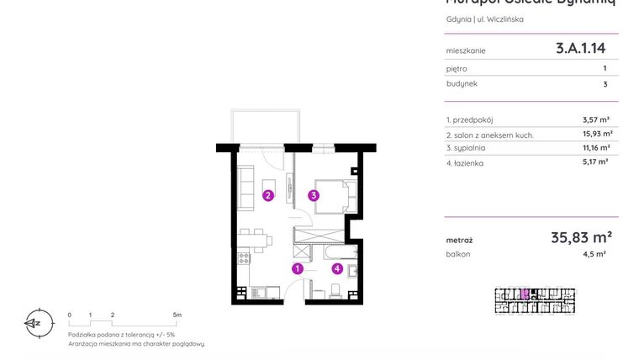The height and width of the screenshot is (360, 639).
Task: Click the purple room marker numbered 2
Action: [267, 196]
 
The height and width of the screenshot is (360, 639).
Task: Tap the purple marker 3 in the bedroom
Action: [313, 196]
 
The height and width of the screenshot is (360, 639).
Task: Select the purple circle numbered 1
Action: [297, 269]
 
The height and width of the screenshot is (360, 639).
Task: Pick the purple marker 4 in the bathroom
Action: [337, 269]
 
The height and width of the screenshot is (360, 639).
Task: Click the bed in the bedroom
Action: [336, 196]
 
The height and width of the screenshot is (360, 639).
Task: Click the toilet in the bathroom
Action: [335, 291]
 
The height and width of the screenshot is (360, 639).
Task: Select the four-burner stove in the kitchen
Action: [244, 258]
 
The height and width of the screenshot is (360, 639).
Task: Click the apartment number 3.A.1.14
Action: [580, 49]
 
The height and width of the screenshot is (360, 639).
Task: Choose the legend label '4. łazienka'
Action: [465, 163]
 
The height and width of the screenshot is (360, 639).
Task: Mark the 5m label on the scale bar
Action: [177, 315]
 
